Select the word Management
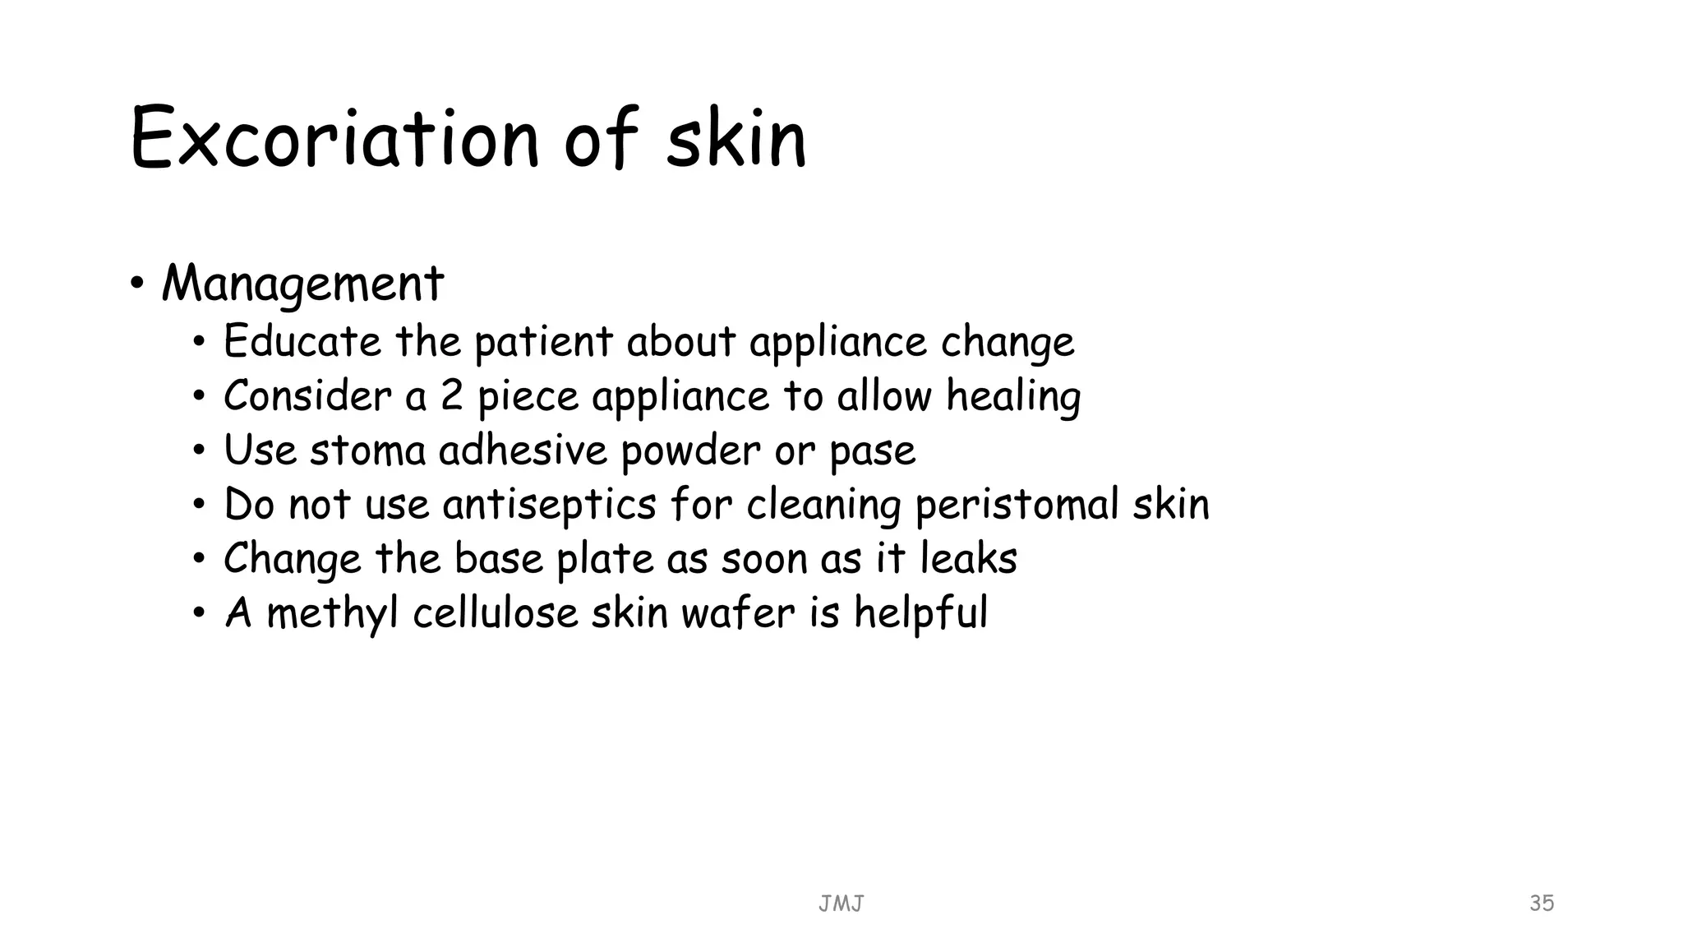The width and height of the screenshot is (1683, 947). point(302,284)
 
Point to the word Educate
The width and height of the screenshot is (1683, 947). point(302,341)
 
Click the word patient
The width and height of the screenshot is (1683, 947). point(543,342)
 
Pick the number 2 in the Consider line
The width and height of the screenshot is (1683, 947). point(452,395)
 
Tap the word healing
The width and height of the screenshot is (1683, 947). point(1013,397)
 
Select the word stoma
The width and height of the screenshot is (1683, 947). point(367,450)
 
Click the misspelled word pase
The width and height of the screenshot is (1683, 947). point(872,451)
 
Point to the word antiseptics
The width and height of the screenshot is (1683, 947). point(549,504)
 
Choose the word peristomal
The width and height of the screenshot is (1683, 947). point(1017,505)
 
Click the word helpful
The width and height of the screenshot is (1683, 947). point(920,613)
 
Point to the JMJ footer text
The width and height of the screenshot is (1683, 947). point(841,904)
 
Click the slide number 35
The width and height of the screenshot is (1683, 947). point(1542,903)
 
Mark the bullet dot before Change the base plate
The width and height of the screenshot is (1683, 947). point(199,559)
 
